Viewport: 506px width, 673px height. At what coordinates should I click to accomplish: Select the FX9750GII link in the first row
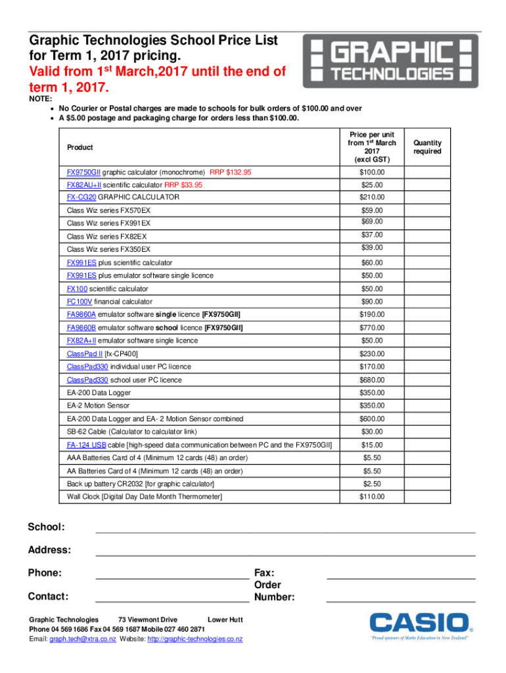pyautogui.click(x=84, y=172)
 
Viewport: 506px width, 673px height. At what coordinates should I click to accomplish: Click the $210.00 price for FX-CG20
pyautogui.click(x=371, y=197)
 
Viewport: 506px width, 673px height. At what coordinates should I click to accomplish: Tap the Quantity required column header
pyautogui.click(x=427, y=147)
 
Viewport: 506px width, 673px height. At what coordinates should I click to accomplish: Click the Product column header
pyautogui.click(x=80, y=147)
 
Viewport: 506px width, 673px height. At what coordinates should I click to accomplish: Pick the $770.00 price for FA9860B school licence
pyautogui.click(x=371, y=327)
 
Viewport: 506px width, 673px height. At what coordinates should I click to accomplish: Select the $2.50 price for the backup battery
pyautogui.click(x=371, y=484)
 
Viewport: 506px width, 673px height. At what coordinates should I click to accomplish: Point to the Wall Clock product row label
pyautogui.click(x=145, y=497)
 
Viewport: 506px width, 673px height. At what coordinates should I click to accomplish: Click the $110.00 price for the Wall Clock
pyautogui.click(x=371, y=497)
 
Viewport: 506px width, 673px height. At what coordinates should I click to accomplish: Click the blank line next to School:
pyautogui.click(x=285, y=532)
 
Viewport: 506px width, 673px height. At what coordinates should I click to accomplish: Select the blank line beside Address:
pyautogui.click(x=285, y=555)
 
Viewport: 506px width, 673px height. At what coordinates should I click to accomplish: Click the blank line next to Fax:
pyautogui.click(x=401, y=578)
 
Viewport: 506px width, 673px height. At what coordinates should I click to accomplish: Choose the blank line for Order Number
pyautogui.click(x=401, y=601)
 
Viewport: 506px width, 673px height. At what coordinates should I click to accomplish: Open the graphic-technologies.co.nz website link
pyautogui.click(x=195, y=639)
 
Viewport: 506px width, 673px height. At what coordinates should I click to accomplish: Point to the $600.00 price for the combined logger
pyautogui.click(x=371, y=419)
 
